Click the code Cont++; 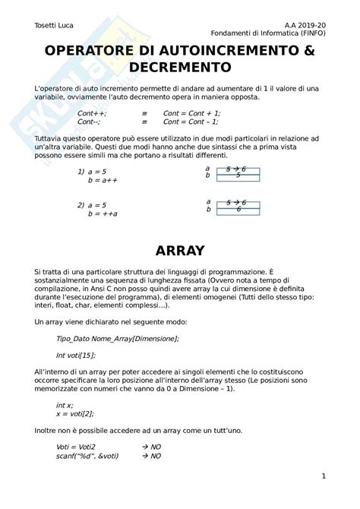coord(92,112)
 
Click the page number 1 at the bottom coord(324,477)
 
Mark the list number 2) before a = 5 coord(81,206)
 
